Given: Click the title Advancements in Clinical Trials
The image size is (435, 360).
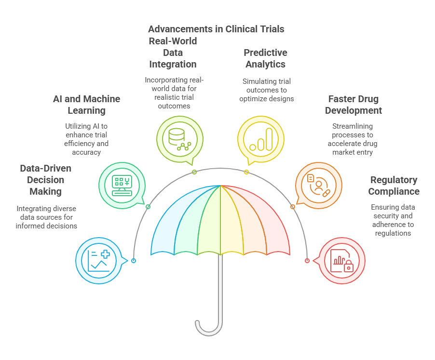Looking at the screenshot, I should coord(216,29).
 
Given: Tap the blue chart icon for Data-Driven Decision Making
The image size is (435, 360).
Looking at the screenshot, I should coord(99,260).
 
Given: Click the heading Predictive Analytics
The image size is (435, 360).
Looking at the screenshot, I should coord(265,58).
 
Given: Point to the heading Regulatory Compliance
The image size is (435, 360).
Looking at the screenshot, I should coord(394,186).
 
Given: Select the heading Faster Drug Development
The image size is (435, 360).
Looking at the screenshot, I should coord(353,105).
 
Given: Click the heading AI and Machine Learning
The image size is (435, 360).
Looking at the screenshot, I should coord(86,105).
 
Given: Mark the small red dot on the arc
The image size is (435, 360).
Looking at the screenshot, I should coord(307,261).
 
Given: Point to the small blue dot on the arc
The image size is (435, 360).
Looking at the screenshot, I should coord(134,261).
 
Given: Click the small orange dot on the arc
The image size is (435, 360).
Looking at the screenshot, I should coord(292,207).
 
